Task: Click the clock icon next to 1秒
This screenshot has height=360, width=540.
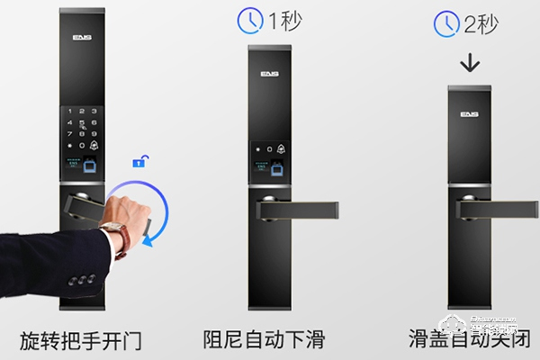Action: pos(249,21)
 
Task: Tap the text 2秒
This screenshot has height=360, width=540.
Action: pos(480,24)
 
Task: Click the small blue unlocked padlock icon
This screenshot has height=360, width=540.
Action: pos(139,161)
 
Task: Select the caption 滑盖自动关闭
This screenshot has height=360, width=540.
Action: pos(468,339)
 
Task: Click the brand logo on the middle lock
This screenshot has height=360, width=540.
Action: pos(269,76)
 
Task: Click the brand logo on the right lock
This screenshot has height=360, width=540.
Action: pos(469,114)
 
